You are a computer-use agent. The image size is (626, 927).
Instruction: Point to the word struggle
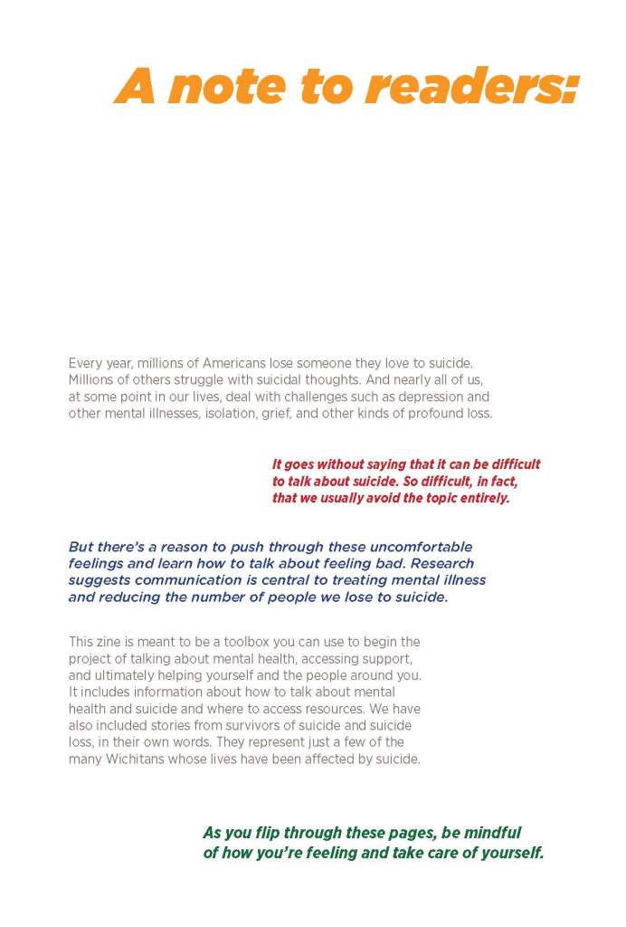pyautogui.click(x=196, y=380)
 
